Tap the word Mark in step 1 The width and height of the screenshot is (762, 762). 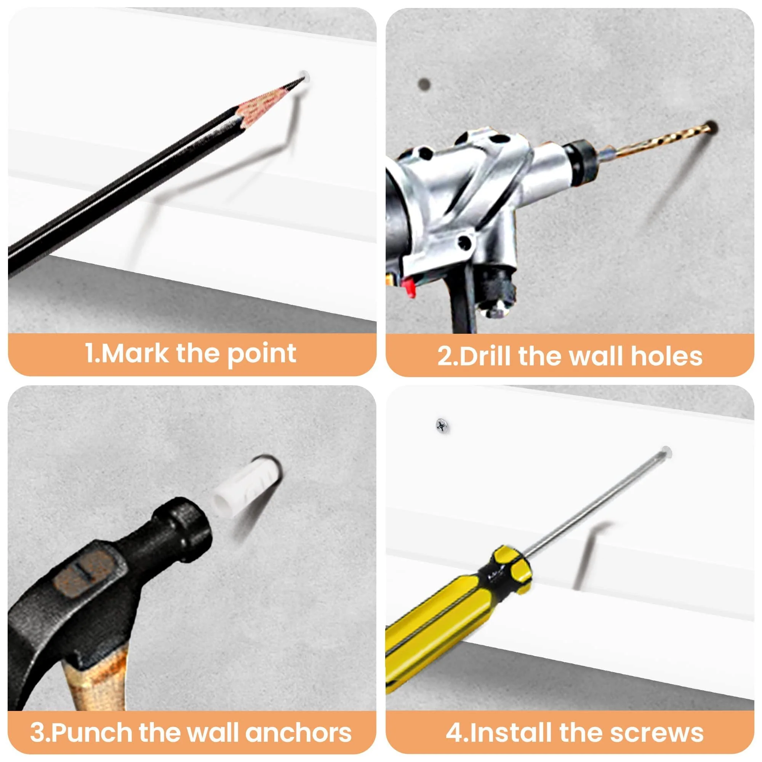136,353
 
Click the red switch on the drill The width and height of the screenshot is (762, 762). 410,287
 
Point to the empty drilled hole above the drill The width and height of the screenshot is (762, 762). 424,83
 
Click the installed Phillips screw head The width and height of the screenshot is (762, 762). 442,425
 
